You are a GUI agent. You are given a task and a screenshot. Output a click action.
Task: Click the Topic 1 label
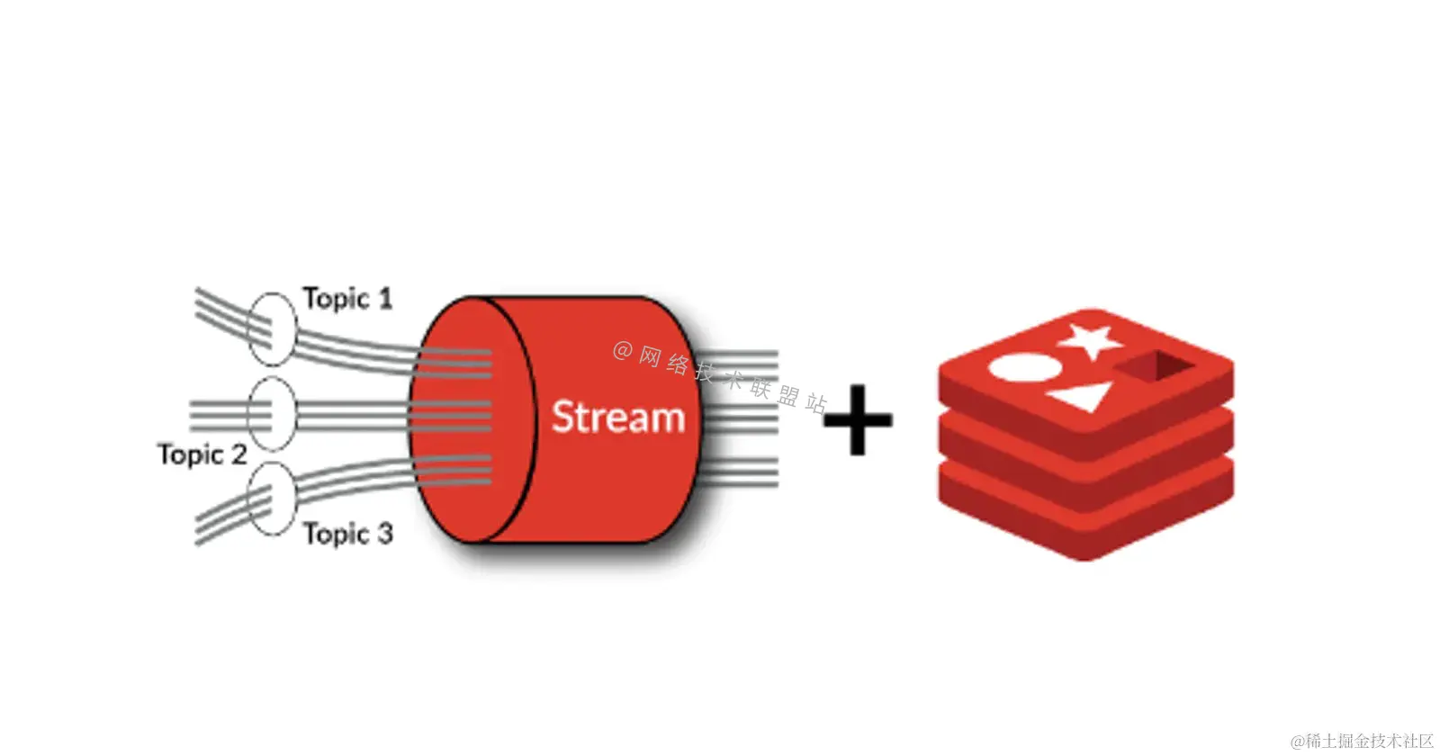coord(347,298)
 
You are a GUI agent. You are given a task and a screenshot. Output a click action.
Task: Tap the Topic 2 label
coord(202,454)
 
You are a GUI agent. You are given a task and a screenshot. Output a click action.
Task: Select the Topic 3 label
coord(347,534)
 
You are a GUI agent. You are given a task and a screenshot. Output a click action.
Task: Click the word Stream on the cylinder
coord(617,418)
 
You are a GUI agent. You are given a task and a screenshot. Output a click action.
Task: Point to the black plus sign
coord(858,419)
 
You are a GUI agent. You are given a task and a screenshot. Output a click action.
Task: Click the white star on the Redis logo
coord(1091,339)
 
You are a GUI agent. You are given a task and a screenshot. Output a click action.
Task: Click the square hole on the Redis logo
coord(1157,365)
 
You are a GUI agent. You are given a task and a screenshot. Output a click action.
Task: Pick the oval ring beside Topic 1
coord(271,328)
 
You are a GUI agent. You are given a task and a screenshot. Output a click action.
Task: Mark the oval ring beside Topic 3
coord(271,499)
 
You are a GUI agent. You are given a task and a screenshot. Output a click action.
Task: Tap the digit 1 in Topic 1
coord(385,298)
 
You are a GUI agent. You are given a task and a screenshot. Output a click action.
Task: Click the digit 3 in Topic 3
coord(384,534)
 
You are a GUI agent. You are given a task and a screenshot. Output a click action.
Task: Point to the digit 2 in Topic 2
coord(238,454)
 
